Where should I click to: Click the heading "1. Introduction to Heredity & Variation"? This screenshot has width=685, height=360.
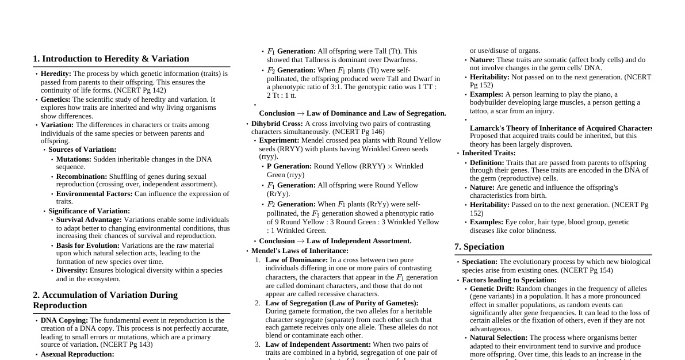point(111,59)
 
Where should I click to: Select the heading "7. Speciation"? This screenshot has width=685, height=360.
point(479,247)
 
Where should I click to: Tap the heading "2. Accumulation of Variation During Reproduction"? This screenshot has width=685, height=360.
point(105,300)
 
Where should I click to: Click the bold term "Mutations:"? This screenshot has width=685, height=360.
point(74,159)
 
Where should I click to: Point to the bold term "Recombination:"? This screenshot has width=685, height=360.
point(82,177)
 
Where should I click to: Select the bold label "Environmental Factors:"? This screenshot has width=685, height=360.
point(94,194)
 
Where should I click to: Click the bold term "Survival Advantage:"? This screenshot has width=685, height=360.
point(89,220)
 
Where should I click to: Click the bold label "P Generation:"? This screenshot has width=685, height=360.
point(289,166)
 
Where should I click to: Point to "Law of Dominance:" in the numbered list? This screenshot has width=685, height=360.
point(296,260)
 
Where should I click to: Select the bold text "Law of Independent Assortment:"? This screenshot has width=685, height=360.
point(318,344)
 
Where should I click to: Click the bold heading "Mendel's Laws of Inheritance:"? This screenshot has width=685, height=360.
point(300,251)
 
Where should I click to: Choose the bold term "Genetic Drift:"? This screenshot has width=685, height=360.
point(492,289)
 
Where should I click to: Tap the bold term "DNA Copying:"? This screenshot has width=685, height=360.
point(64,320)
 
